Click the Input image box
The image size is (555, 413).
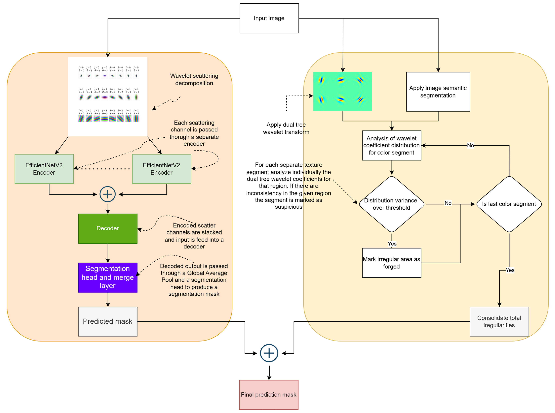pos(269,18)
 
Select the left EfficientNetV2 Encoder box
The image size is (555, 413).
pos(44,169)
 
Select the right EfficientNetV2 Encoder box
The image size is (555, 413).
pos(161,169)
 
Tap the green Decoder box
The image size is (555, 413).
pos(108,229)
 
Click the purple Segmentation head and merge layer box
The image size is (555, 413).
pos(108,278)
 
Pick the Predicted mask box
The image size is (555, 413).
pos(108,321)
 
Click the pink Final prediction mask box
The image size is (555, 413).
pos(269,395)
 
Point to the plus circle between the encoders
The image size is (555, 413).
pos(108,194)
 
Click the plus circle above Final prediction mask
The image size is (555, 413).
pos(269,353)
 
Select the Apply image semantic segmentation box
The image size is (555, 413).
pos(438,92)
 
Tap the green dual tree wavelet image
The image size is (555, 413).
pos(342,92)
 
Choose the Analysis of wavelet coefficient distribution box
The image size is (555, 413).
pos(392,146)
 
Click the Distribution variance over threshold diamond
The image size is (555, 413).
pos(392,204)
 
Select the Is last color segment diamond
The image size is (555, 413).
pos(509,204)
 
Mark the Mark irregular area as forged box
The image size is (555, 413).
pos(392,263)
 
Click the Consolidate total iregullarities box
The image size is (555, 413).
pos(499,321)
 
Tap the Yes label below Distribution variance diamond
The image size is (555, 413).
pos(392,244)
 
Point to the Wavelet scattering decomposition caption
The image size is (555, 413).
pos(194,80)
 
